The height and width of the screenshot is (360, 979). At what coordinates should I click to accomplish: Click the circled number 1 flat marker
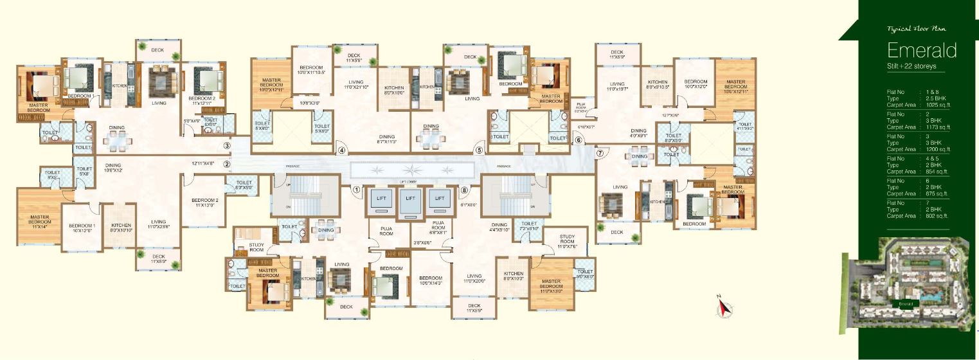[x=355, y=190]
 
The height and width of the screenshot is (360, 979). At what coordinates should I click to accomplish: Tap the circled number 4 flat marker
[x=342, y=151]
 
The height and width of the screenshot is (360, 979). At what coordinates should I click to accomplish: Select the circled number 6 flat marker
[x=578, y=140]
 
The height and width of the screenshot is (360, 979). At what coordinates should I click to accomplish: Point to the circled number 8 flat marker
[x=464, y=190]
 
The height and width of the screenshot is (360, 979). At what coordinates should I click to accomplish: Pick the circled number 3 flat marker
[x=227, y=146]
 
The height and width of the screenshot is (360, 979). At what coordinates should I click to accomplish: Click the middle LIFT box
[x=409, y=199]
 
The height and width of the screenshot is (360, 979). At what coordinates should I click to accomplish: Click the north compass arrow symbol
[x=724, y=309]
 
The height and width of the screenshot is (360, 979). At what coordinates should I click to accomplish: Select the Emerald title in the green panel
[x=922, y=50]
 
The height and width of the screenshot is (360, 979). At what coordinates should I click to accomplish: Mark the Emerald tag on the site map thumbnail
[x=906, y=304]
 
